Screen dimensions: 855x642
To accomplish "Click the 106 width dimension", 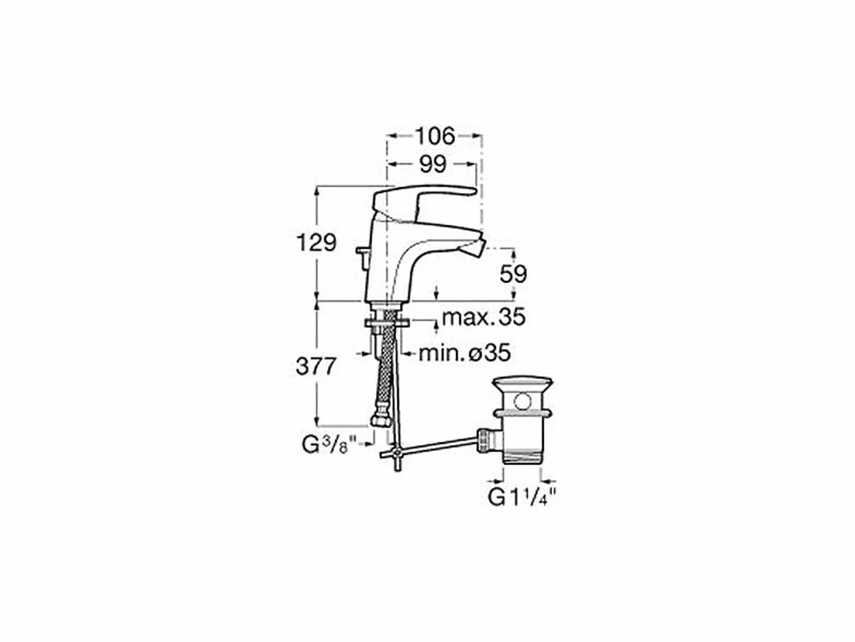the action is coord(435,136).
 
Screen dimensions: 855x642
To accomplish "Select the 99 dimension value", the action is coord(433,164).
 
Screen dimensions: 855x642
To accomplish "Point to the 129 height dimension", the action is coord(316,243).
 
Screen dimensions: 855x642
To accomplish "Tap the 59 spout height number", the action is coord(513,274).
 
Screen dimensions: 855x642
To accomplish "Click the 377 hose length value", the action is coord(315,366).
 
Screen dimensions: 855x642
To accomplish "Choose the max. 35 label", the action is coord(484,317).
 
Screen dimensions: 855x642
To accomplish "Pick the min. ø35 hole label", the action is coord(464,353).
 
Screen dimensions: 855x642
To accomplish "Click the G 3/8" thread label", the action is coord(329,445).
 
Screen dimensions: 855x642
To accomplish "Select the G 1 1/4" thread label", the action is coord(522,498).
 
